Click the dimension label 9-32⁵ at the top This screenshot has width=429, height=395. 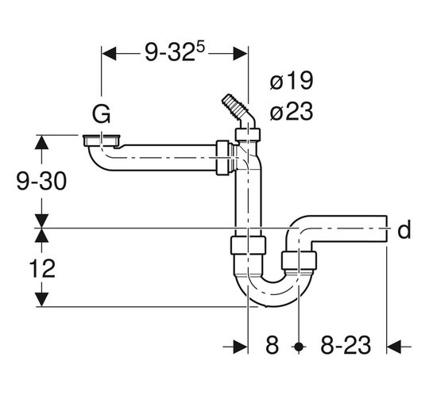tap(175, 52)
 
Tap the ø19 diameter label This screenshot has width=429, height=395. tap(291, 80)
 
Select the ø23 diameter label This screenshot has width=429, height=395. tap(291, 111)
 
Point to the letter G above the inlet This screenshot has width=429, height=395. tap(101, 113)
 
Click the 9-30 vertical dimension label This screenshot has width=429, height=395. tap(41, 181)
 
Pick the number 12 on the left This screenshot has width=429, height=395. tap(42, 269)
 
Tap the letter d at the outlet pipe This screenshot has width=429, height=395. tap(404, 229)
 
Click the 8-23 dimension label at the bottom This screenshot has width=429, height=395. tap(346, 345)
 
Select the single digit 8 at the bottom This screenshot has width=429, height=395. tap(272, 345)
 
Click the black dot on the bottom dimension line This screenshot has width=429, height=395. tap(299, 347)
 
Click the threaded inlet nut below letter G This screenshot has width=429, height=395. tap(101, 140)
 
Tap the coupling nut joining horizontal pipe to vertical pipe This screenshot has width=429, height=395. tap(222, 158)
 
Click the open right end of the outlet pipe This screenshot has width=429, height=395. tap(387, 229)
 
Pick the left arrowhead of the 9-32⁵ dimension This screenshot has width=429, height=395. tap(109, 54)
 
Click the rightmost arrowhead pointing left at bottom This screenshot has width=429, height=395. tap(394, 347)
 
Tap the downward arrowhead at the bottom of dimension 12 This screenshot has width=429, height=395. tap(41, 299)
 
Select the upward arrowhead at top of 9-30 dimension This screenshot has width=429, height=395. tap(41, 142)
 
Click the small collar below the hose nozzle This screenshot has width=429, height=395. tap(247, 134)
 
